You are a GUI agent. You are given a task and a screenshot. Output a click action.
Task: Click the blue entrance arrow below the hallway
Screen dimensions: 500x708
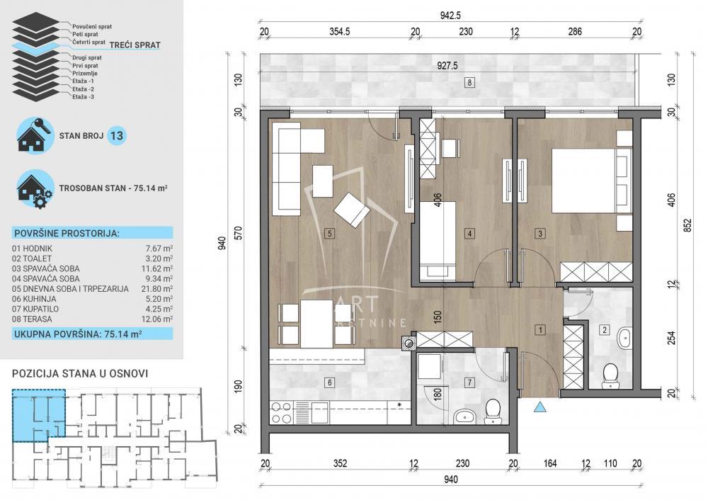coord(540,407)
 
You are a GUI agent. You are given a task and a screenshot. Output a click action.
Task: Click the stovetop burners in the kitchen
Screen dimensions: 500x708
coord(282,412)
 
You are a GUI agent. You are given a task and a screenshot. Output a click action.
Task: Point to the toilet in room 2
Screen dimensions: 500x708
coord(610,377)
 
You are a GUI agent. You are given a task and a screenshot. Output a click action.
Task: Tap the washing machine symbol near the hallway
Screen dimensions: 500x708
coord(409,343)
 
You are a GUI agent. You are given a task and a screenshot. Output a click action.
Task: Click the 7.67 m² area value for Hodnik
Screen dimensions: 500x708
coord(162,249)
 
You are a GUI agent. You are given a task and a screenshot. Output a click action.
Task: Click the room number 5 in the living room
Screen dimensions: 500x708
coord(329,232)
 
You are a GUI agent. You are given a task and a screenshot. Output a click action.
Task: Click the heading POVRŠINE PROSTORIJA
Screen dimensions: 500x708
coord(66,233)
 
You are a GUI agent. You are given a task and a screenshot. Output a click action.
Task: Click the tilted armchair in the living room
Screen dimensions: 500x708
coord(352,209)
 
